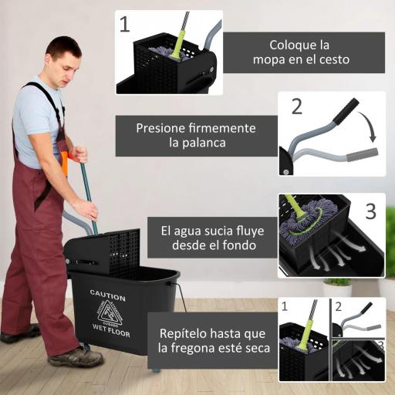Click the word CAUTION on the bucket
pos(107,293)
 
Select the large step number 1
pos(125,24)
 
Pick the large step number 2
pos(296,106)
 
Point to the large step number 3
pos(370,211)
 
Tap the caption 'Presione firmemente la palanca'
pos(195,136)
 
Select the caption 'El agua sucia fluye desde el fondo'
pos(208,238)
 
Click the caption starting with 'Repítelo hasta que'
pos(212,339)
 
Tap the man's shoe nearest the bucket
pos(76,356)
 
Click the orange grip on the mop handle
pos(65,164)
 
